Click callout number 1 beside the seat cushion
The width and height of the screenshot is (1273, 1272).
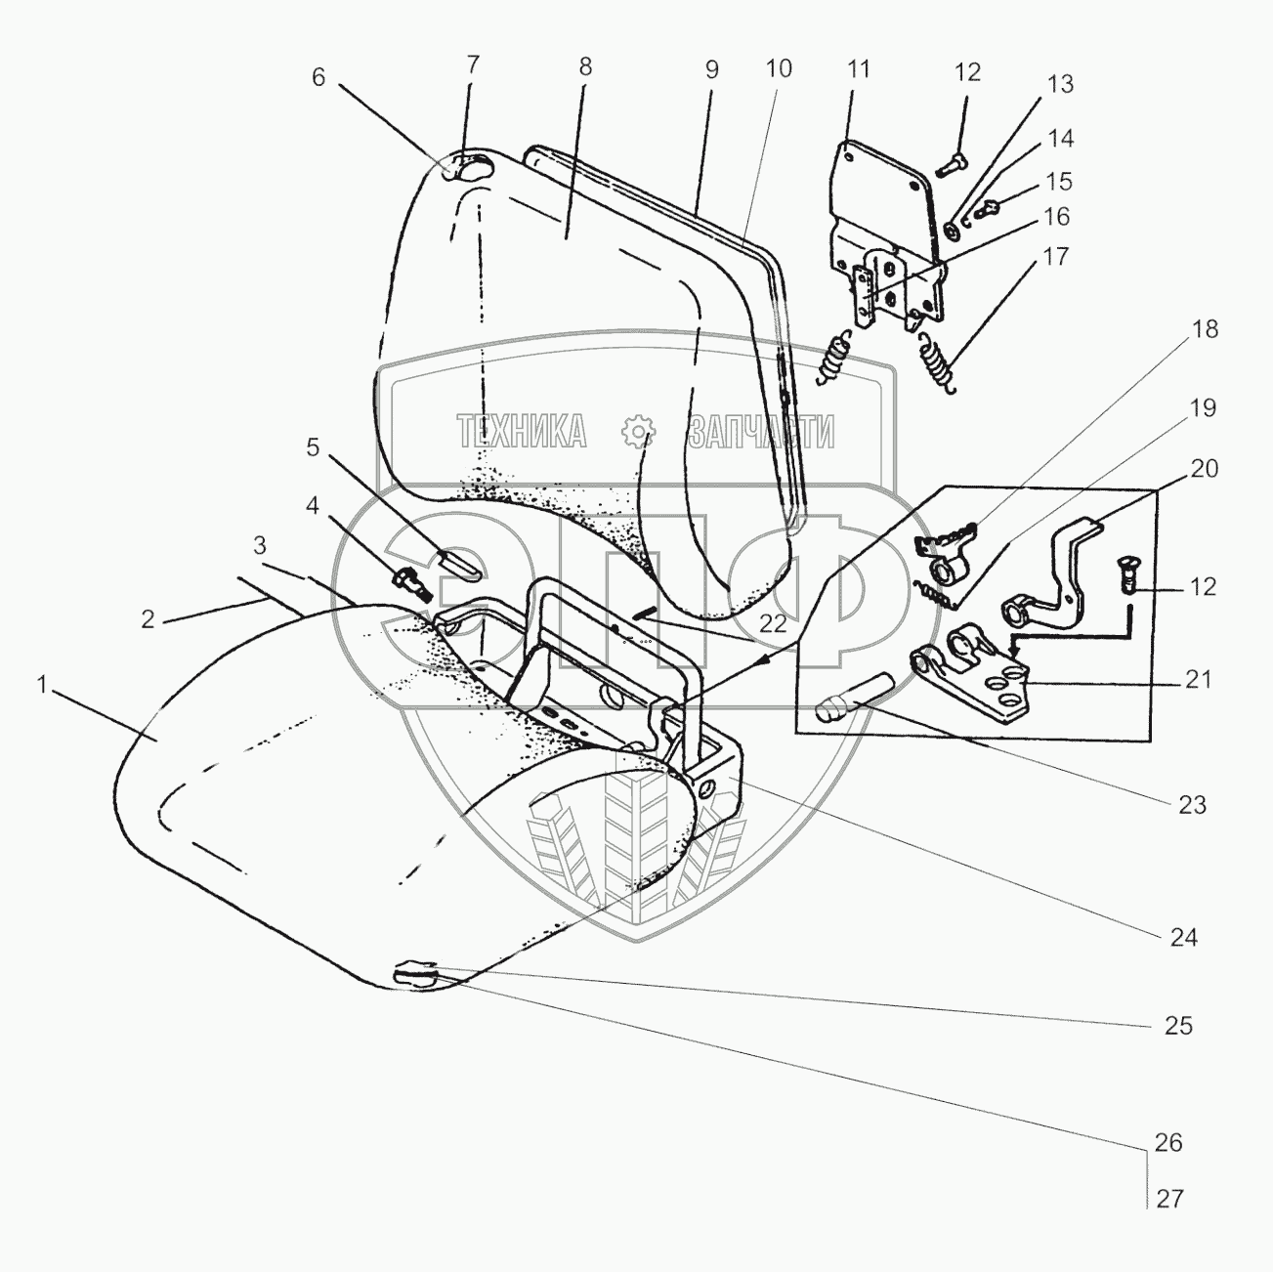[x=42, y=685]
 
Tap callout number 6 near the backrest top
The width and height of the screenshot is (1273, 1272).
[x=318, y=77]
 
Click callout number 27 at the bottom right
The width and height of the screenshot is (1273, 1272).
[x=1169, y=1200]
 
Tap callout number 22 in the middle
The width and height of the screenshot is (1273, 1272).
[x=773, y=625]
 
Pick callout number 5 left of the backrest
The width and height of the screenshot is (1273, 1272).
[x=313, y=447]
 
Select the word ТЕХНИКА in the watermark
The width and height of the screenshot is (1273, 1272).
[x=522, y=431]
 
